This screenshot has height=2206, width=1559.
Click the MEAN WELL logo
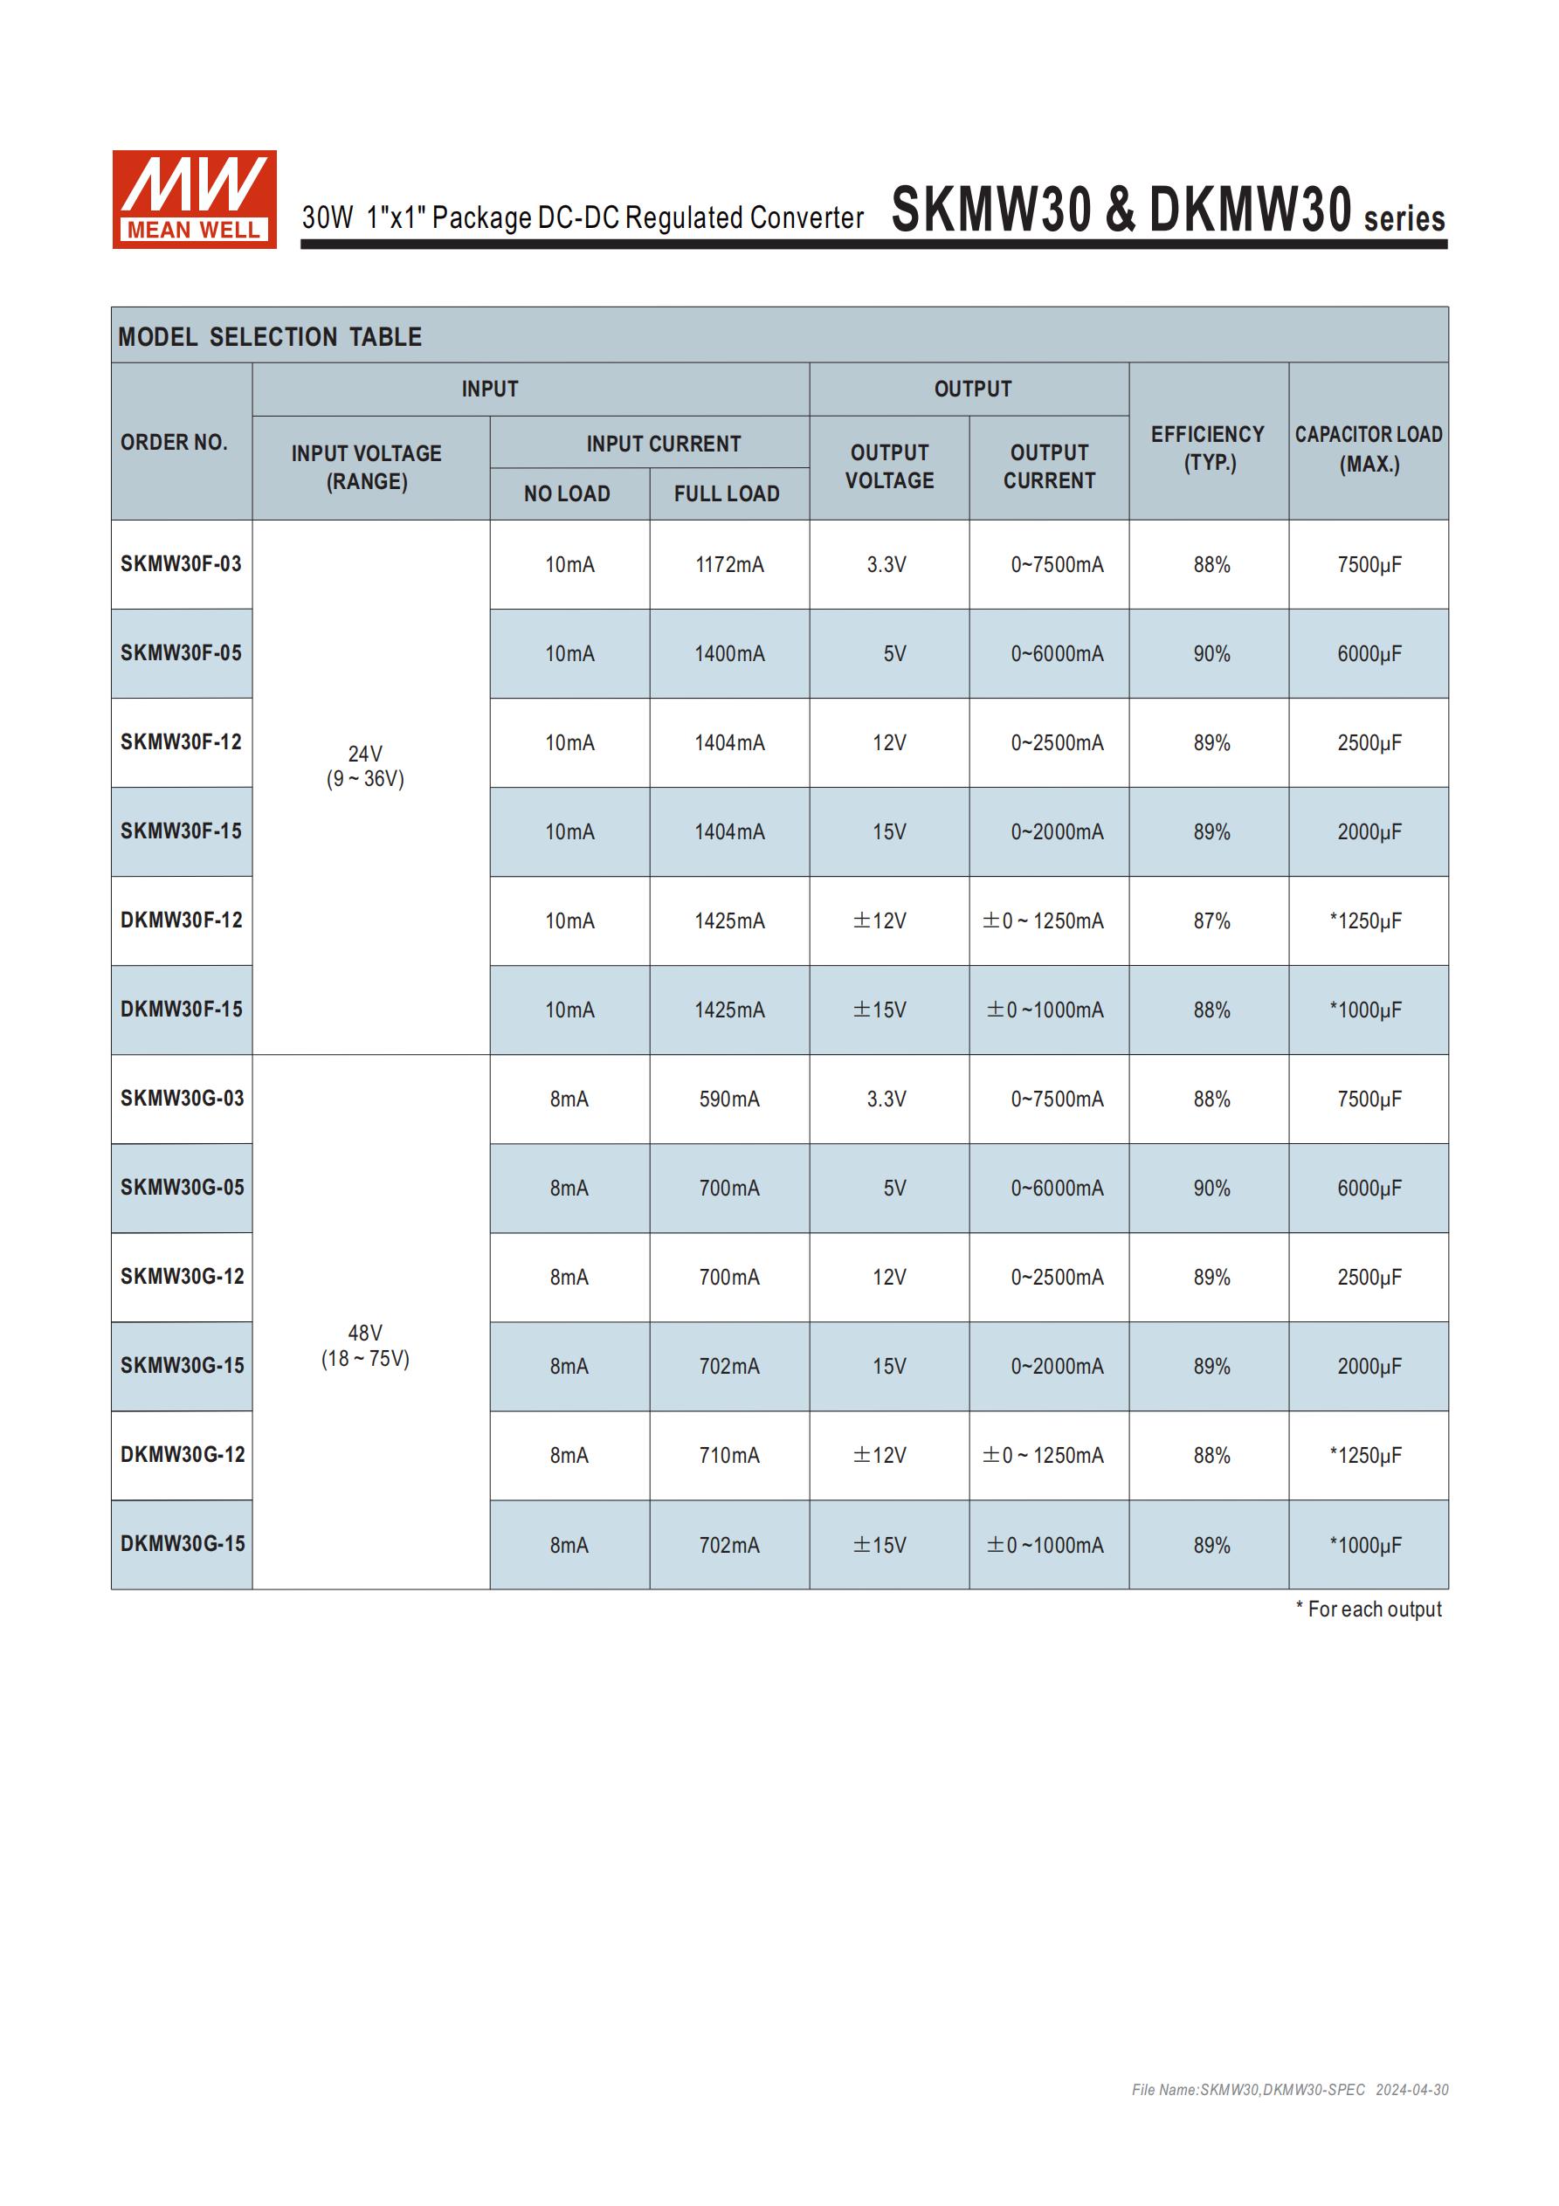(x=194, y=199)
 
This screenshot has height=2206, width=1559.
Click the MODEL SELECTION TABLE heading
(x=270, y=337)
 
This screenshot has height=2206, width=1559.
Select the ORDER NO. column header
(x=174, y=442)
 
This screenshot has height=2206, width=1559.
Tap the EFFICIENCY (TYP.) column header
(x=1208, y=448)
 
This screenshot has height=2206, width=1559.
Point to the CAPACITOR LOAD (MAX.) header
(x=1369, y=449)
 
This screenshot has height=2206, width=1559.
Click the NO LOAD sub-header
(x=567, y=493)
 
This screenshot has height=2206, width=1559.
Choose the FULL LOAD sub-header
(x=727, y=493)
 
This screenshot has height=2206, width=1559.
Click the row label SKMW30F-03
(x=181, y=564)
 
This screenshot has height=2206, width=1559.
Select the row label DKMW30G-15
(x=183, y=1544)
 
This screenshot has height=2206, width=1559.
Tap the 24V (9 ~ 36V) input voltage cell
(x=365, y=766)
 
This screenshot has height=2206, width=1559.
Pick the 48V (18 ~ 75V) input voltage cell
(x=365, y=1345)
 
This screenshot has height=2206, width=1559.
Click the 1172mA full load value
(x=729, y=565)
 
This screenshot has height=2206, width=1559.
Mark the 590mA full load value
(x=729, y=1100)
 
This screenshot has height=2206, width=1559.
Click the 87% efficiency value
(x=1212, y=921)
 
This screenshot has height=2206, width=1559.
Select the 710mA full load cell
(x=729, y=1456)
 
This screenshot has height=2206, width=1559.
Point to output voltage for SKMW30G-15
(x=889, y=1366)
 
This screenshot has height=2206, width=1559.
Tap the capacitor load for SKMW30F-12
(x=1369, y=742)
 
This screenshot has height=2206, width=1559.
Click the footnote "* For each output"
(x=1369, y=1610)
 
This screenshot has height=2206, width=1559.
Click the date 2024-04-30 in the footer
(x=1412, y=2090)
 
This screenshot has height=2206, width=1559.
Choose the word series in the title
(x=1404, y=219)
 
